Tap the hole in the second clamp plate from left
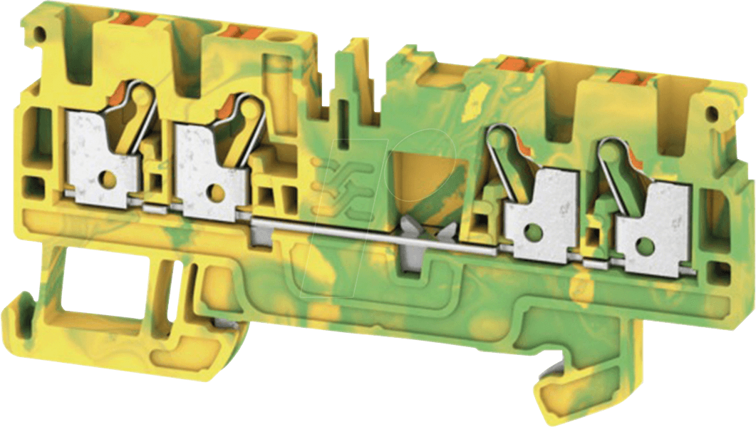[x=212, y=190]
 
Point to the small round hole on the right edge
[x=710, y=113]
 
